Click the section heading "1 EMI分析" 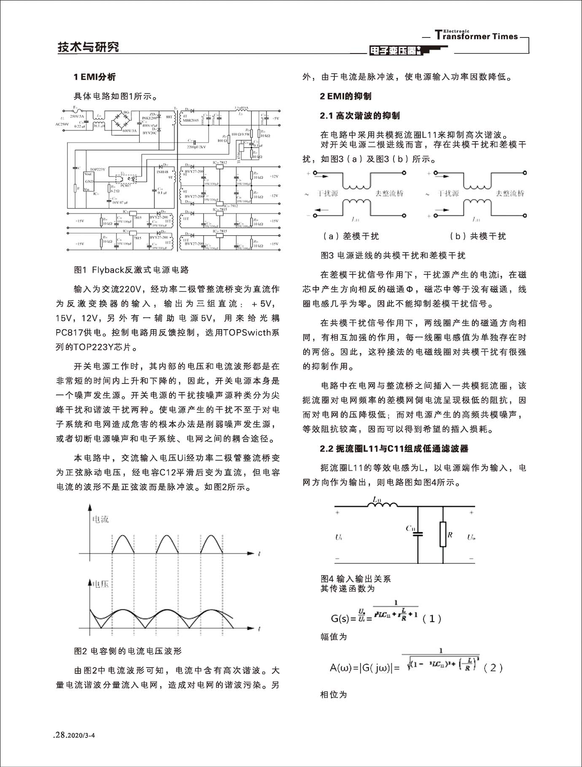94,77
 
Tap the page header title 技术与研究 88,47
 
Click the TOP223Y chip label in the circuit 97,169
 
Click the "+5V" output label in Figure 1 275,118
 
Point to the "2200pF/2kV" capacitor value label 196,147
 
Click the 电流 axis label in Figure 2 100,519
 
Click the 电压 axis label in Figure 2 100,584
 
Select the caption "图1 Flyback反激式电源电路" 131,270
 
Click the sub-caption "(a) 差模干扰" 351,236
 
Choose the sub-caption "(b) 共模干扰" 478,236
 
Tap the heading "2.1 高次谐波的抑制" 360,115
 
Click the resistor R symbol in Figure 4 443,534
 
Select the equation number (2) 493,668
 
